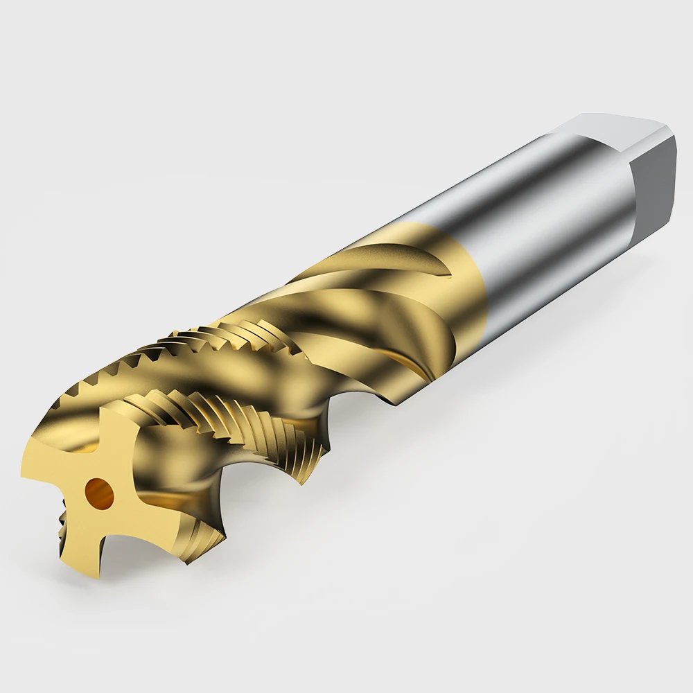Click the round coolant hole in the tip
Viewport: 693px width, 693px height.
click(97, 492)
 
